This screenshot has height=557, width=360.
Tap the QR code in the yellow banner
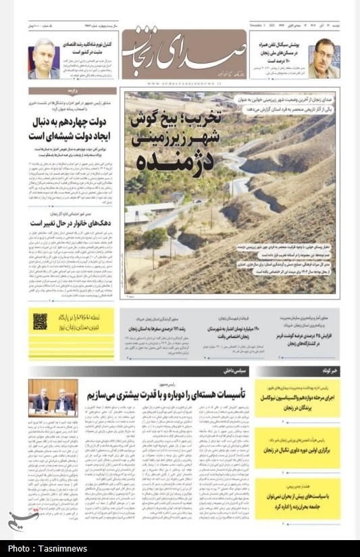[41, 321]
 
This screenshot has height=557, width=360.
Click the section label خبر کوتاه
[330, 372]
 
